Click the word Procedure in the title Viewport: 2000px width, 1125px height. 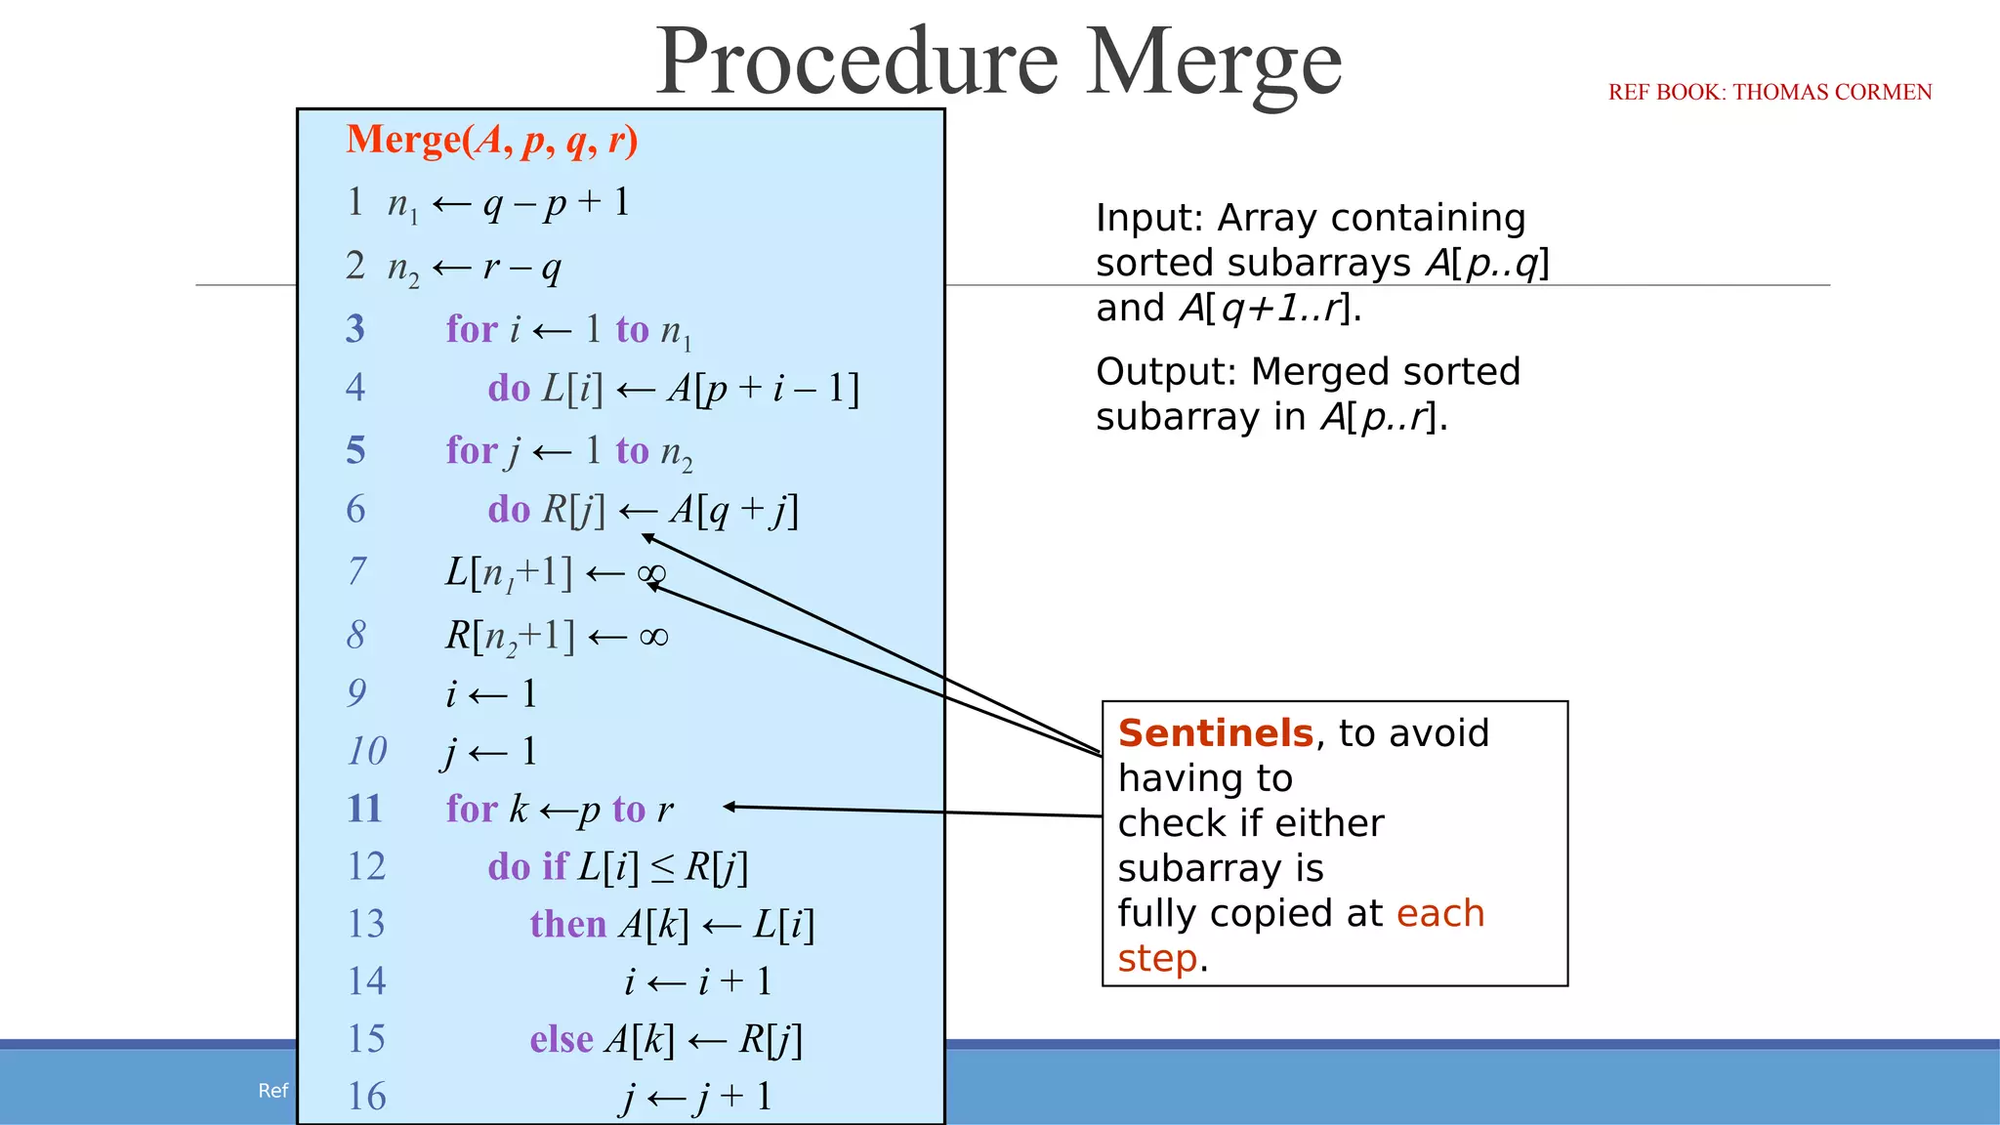(856, 62)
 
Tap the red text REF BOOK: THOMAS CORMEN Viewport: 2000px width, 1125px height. (1770, 92)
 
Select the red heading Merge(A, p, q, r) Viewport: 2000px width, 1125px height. (492, 141)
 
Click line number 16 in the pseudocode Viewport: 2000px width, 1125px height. (366, 1097)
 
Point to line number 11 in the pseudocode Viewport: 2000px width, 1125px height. (364, 809)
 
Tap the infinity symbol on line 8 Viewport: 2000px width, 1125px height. (653, 638)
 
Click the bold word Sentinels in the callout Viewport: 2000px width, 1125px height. (1216, 733)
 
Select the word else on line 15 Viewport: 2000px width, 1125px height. (562, 1039)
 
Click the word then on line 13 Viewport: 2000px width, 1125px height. (567, 924)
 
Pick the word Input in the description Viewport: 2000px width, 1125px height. (1149, 218)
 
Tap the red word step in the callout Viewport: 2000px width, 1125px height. (1157, 959)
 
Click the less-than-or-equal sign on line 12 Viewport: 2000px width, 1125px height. (662, 868)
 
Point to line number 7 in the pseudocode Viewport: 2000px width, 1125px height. (357, 571)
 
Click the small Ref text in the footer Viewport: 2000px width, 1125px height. (272, 1091)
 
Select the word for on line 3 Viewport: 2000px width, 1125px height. (472, 330)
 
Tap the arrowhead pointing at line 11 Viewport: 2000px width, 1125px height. (729, 807)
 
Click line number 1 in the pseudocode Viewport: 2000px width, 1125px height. (355, 202)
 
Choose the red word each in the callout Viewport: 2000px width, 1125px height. (1439, 914)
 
